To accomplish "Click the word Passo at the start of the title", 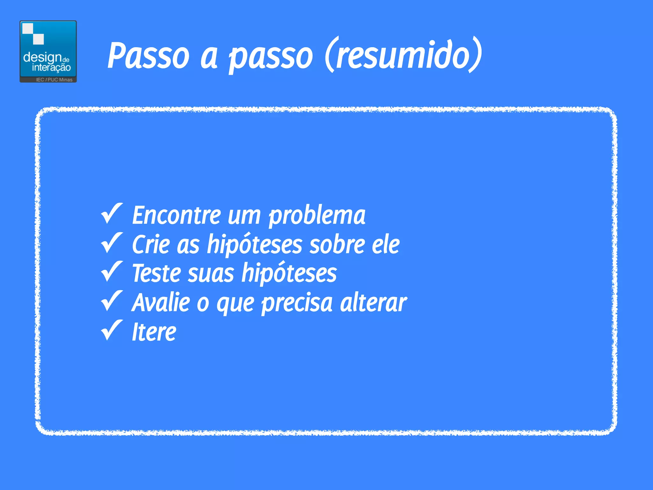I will [148, 56].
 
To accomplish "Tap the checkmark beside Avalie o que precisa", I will [112, 301].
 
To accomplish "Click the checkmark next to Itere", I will [112, 330].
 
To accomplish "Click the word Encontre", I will [176, 215].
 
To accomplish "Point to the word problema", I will [317, 216].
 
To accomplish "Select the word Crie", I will [151, 245].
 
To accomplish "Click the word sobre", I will [337, 245].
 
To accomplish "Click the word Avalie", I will [161, 302].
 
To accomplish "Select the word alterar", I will [373, 302].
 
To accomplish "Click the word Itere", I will [154, 332].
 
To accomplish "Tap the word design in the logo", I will [42, 58].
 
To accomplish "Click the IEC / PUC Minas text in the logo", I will [54, 80].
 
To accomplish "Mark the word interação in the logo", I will [51, 68].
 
